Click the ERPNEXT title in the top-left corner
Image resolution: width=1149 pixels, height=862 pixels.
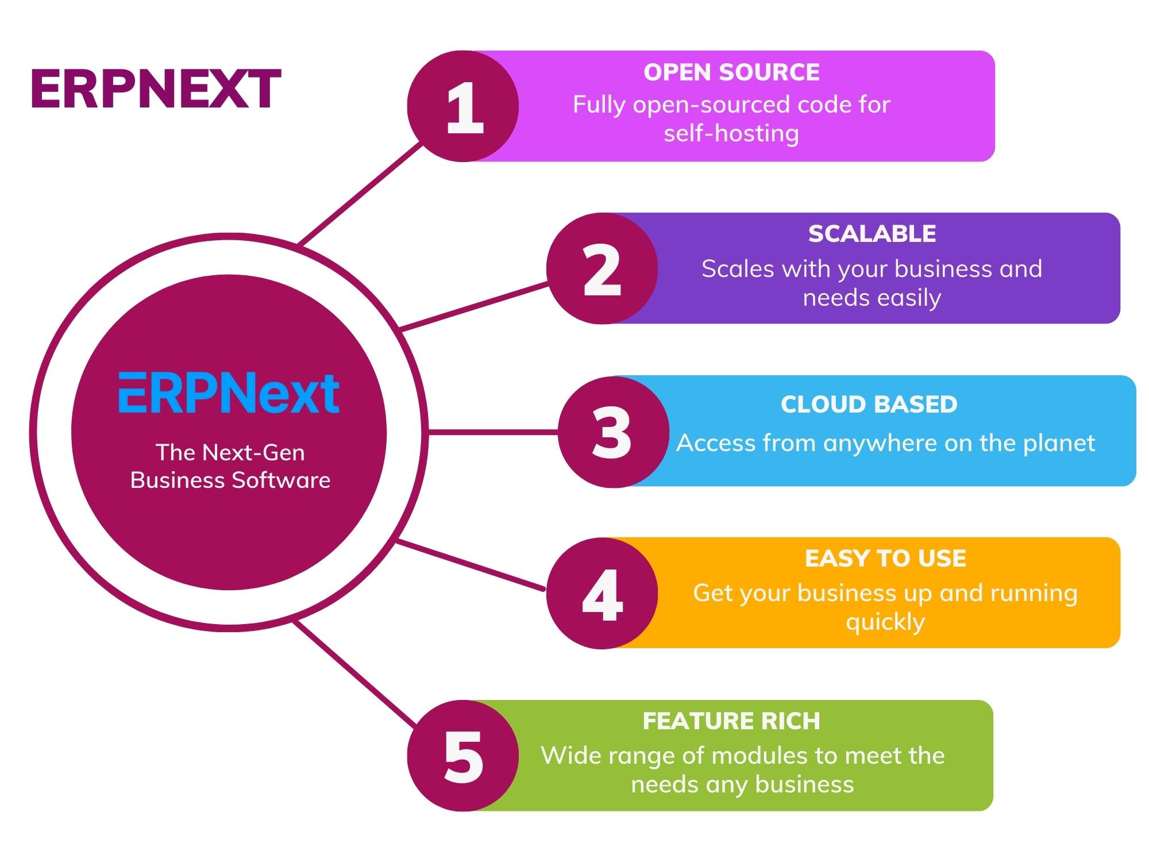[156, 90]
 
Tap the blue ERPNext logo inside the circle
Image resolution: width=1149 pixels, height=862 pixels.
[229, 394]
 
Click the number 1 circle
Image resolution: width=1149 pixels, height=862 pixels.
[463, 106]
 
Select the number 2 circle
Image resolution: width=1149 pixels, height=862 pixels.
[602, 268]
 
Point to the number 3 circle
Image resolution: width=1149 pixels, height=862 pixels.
[612, 432]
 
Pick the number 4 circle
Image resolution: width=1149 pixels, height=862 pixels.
[602, 594]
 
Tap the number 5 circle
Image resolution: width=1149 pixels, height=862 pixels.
[463, 756]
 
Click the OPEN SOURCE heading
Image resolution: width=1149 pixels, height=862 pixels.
[731, 72]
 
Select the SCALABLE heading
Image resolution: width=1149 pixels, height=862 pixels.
[872, 234]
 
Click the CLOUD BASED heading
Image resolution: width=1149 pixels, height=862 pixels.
[869, 405]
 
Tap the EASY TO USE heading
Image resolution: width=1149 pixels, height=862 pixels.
[885, 559]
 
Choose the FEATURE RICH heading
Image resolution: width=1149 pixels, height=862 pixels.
[731, 721]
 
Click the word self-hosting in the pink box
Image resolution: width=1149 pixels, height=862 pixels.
[731, 134]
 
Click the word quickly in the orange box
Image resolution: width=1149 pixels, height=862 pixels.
[885, 622]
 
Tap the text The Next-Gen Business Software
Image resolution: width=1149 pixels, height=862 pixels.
[230, 466]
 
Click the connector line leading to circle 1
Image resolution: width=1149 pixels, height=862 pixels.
[361, 194]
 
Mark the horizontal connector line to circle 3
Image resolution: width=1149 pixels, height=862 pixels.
[493, 432]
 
